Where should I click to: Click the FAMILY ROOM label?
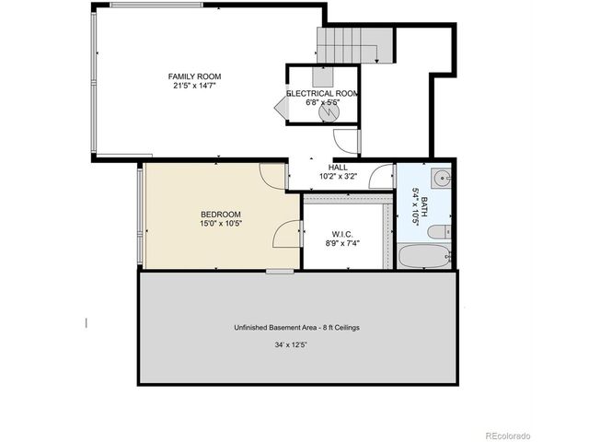point(194,76)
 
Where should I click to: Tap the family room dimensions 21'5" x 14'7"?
point(194,86)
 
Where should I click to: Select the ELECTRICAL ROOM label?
point(322,94)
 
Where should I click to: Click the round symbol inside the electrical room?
point(329,111)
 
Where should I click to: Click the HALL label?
point(338,167)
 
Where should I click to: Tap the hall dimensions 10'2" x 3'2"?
point(338,176)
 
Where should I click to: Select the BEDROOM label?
point(221,214)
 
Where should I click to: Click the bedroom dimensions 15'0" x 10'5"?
point(221,223)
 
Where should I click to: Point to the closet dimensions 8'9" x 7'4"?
point(342,245)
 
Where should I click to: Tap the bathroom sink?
point(441,178)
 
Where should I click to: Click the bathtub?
point(424,255)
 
